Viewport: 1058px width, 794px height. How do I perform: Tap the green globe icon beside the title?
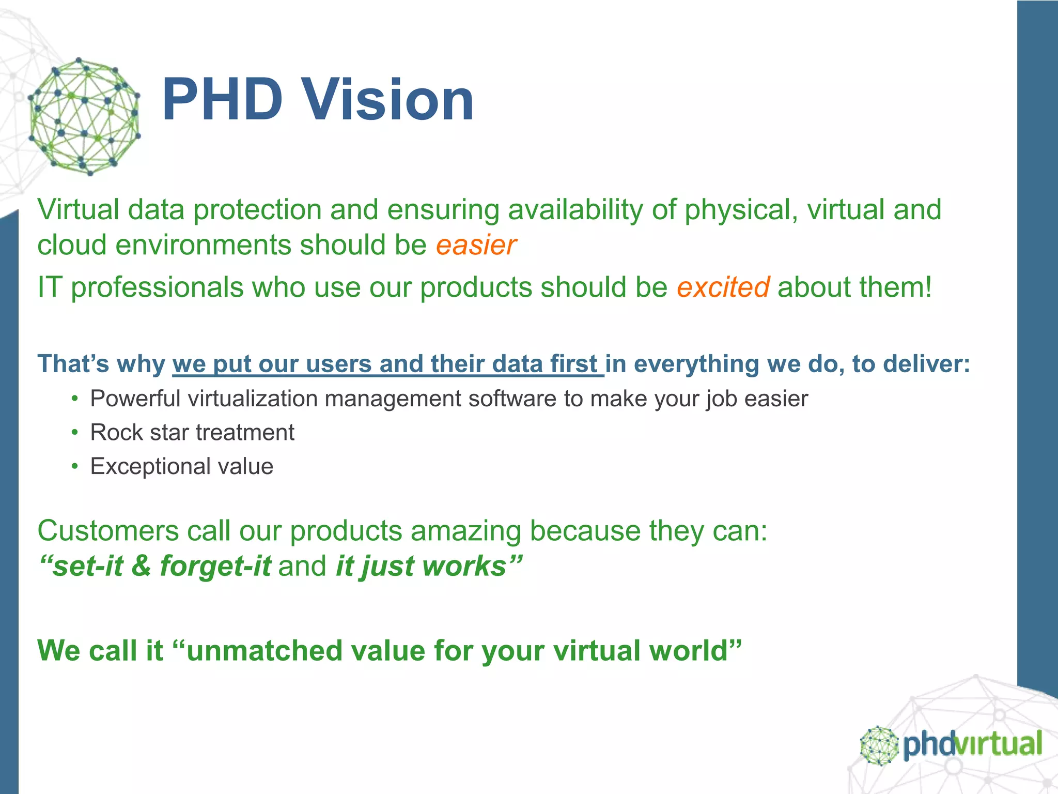pos(84,117)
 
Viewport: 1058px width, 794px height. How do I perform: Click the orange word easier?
pos(475,245)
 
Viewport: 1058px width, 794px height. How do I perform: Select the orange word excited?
pos(723,287)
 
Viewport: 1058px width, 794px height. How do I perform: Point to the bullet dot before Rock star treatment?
pos(75,433)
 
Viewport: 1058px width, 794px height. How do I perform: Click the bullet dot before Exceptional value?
pos(75,466)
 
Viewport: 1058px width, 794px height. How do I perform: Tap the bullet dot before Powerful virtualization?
pos(75,399)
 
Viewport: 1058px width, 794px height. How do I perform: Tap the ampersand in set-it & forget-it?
pos(141,566)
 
